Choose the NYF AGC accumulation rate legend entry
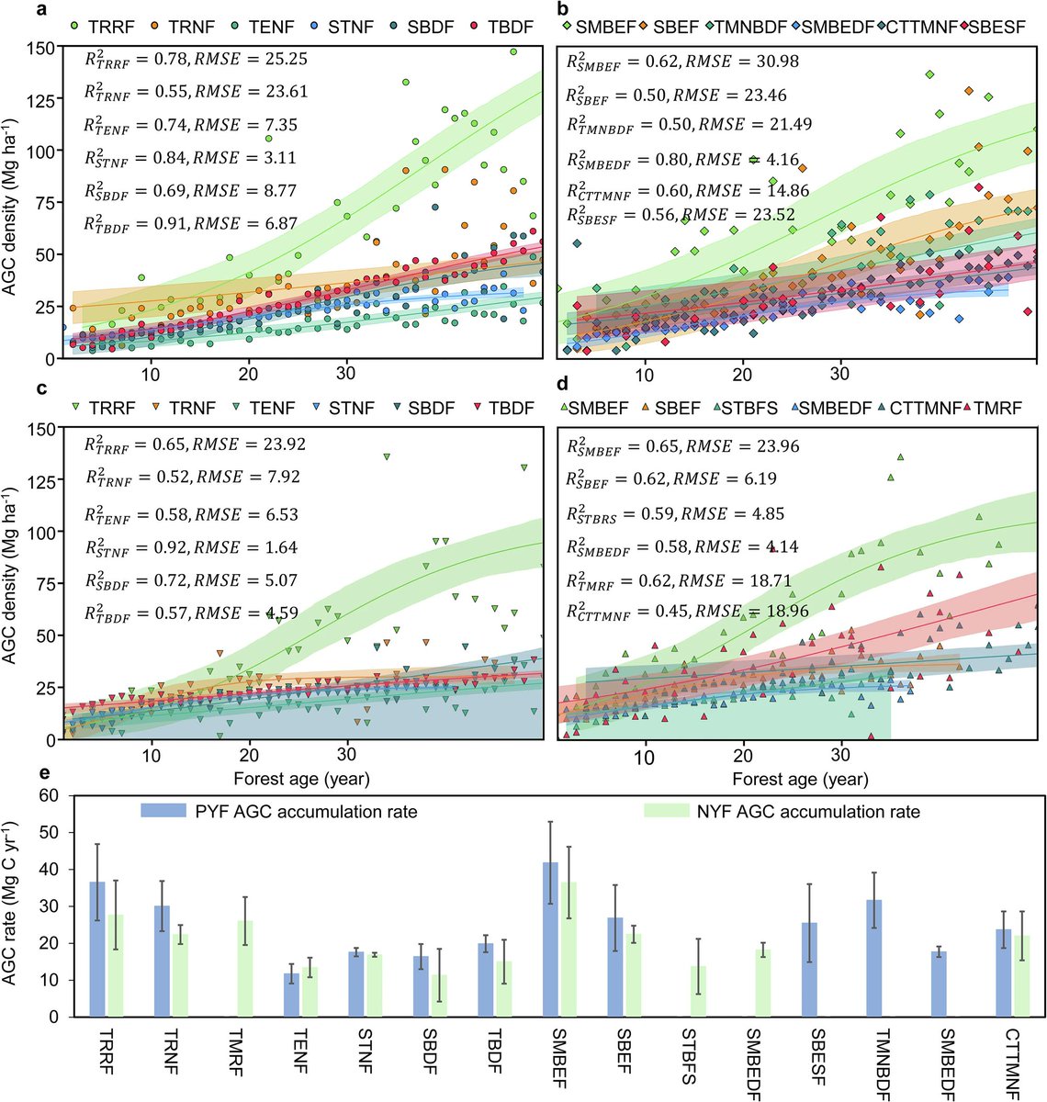point(781,811)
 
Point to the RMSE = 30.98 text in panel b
point(745,62)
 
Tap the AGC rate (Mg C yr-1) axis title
point(13,905)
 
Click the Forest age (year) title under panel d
point(800,779)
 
